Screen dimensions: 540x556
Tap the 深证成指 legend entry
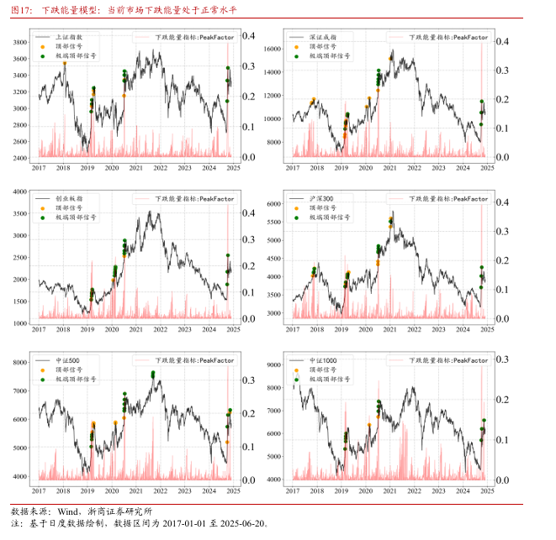(x=323, y=38)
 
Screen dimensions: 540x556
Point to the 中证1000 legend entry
(x=324, y=360)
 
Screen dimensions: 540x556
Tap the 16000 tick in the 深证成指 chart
(x=275, y=50)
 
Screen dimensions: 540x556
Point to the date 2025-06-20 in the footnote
(x=241, y=523)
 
